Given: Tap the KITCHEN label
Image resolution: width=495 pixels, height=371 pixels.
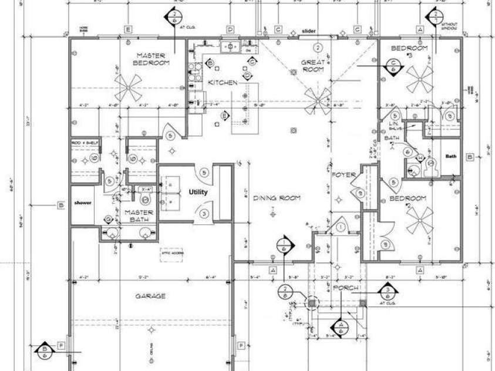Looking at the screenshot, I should [x=223, y=83].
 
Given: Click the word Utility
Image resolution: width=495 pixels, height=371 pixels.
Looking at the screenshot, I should [x=198, y=192].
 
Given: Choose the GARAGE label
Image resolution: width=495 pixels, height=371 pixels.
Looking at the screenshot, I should [x=150, y=296].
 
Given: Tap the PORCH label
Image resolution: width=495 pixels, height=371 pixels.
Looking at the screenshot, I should [x=345, y=288].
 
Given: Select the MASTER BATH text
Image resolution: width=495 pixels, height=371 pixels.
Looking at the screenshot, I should [x=139, y=215].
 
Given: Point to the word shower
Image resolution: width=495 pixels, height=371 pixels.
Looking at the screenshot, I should [x=83, y=203].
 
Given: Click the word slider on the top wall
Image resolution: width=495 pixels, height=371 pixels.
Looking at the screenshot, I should [x=309, y=31].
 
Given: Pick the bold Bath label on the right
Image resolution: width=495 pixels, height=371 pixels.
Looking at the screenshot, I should [x=450, y=156].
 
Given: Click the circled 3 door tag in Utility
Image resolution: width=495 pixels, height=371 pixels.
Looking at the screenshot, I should [x=204, y=214].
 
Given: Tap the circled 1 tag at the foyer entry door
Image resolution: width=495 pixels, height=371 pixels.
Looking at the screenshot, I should [x=341, y=226].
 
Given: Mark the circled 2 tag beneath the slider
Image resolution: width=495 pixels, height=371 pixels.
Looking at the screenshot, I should [x=318, y=46].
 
